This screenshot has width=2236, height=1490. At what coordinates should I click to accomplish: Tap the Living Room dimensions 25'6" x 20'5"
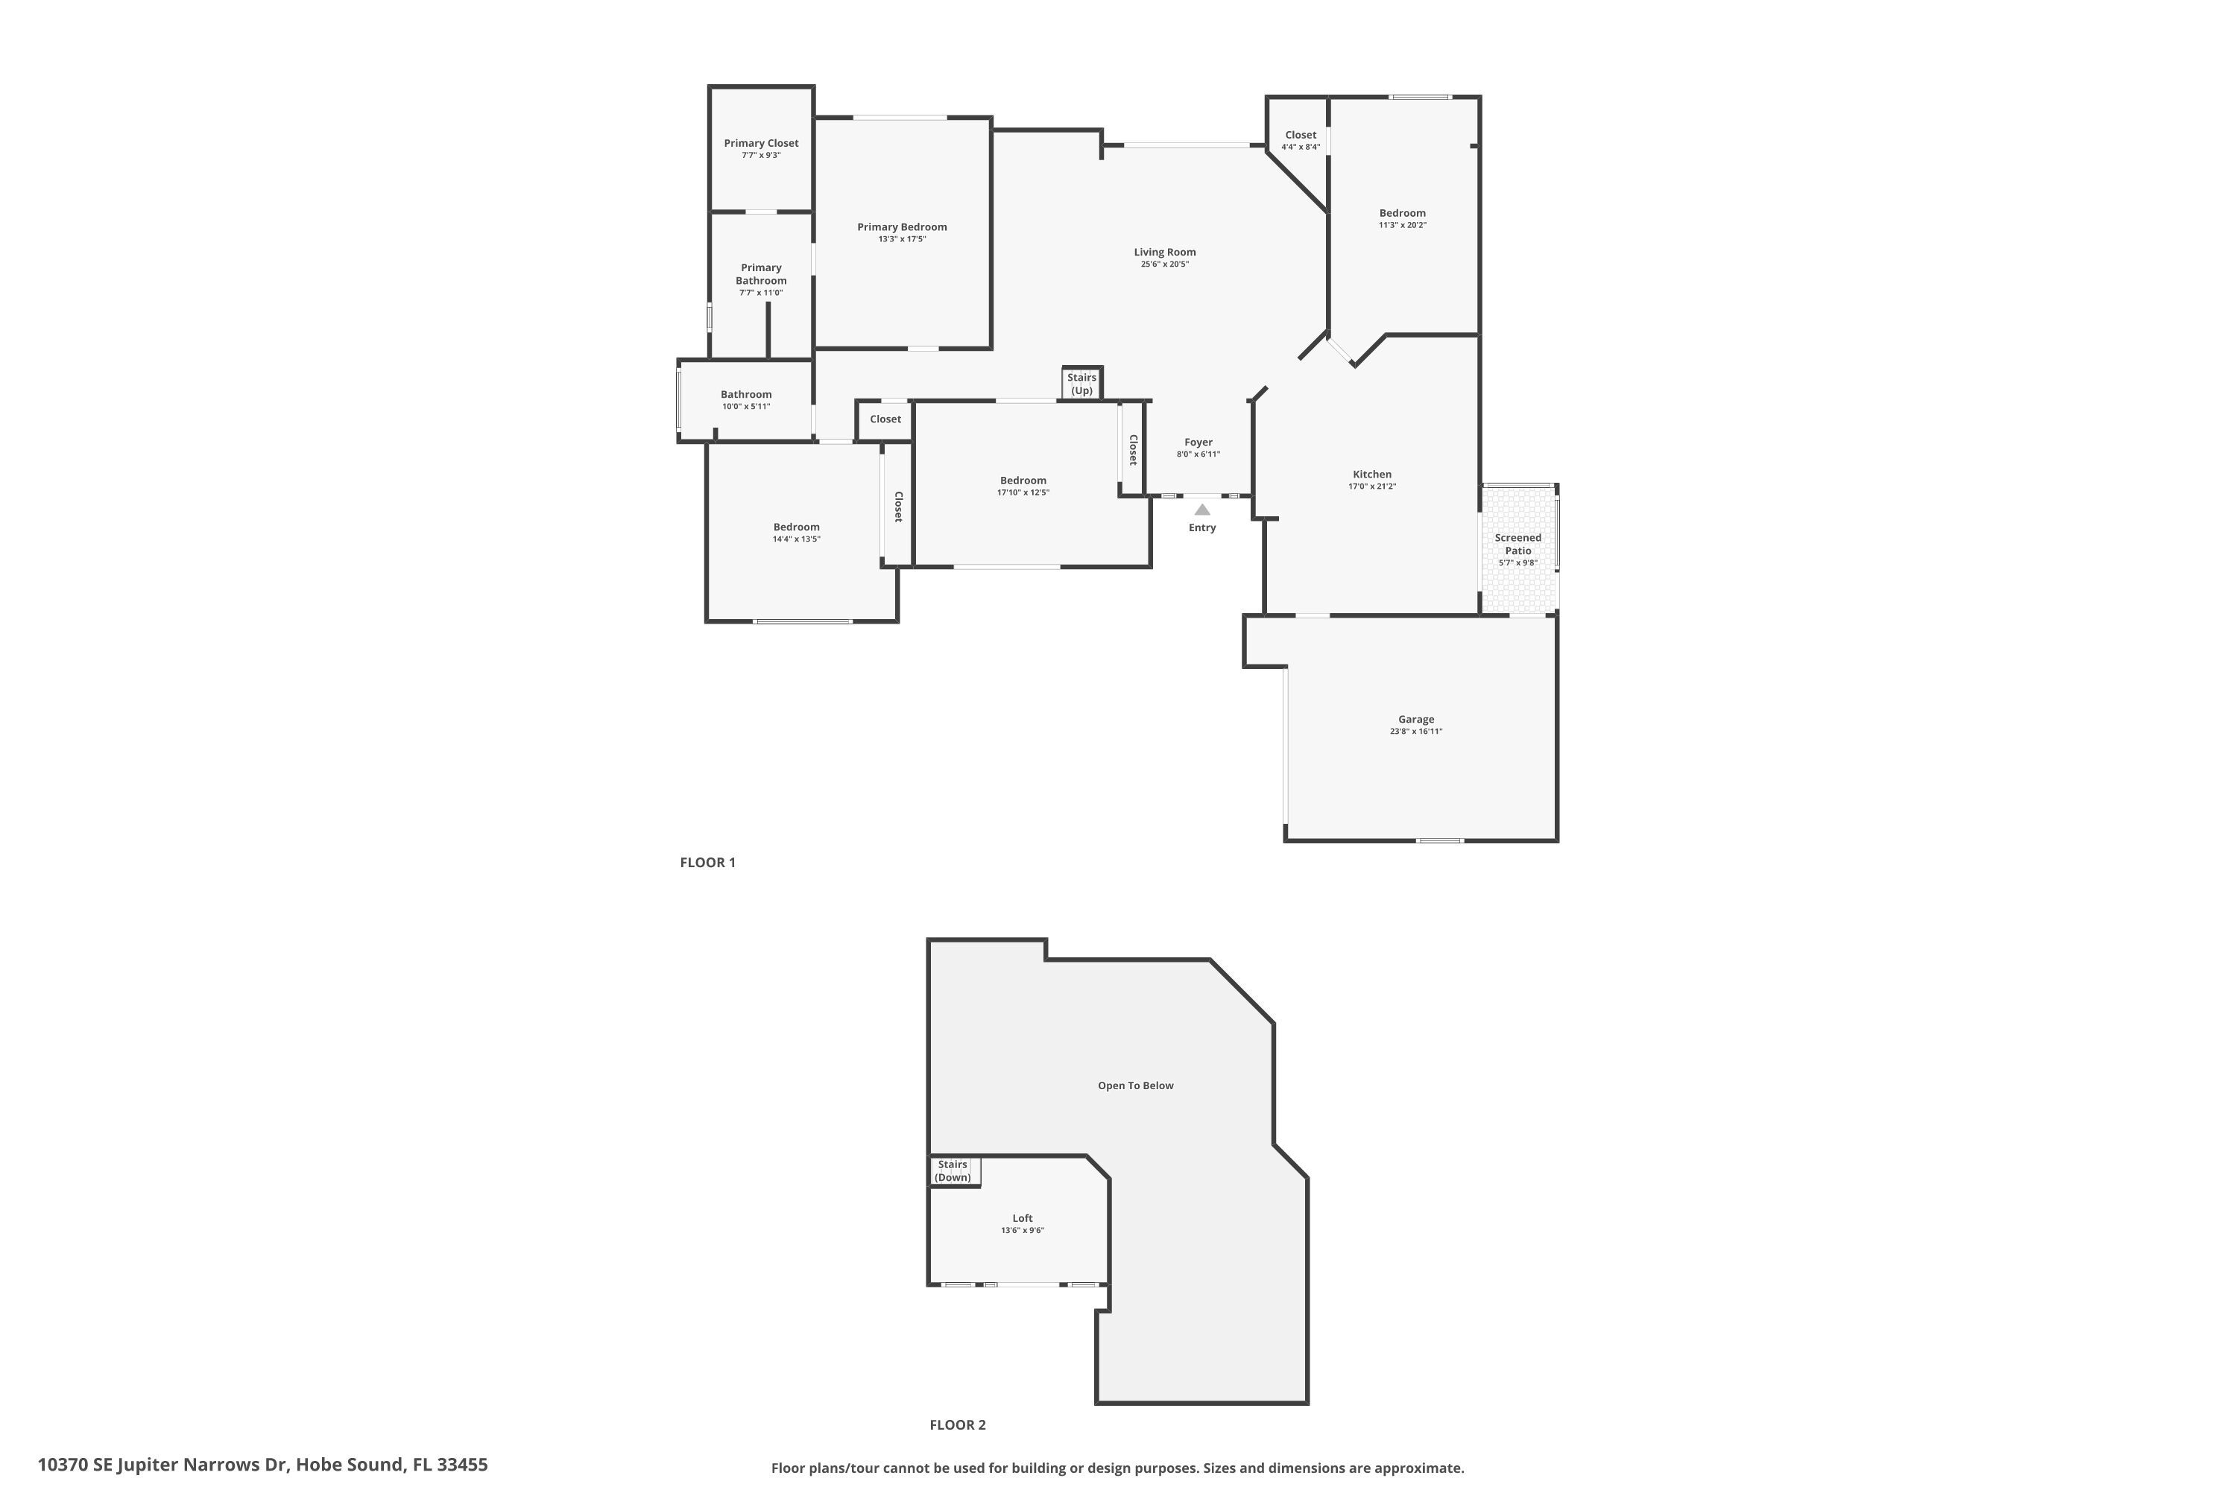[x=1164, y=264]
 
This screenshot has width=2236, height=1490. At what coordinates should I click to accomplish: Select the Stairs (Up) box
[x=1082, y=384]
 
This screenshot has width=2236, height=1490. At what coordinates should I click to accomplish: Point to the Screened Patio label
[x=1517, y=544]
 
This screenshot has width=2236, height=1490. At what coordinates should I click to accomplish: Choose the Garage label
[x=1415, y=720]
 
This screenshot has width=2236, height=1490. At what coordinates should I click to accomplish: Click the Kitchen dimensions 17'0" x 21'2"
[x=1372, y=486]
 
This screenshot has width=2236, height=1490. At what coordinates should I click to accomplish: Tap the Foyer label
[x=1198, y=442]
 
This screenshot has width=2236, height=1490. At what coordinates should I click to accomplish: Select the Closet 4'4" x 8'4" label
[x=1301, y=135]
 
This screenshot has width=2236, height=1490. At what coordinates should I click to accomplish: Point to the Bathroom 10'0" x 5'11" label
[x=746, y=394]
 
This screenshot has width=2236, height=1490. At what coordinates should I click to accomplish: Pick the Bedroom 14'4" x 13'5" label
[x=796, y=527]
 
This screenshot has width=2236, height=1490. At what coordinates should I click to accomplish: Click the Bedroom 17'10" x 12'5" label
[x=1023, y=481]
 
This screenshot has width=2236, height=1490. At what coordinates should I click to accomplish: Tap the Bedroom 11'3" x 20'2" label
[x=1402, y=213]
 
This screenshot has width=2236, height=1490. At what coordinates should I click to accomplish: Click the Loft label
[x=1022, y=1218]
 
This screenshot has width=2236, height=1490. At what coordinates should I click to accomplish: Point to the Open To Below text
[x=1135, y=1085]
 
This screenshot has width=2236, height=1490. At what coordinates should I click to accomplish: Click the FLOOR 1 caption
[x=707, y=863]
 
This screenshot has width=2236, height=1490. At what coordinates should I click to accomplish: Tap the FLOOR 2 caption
[x=957, y=1424]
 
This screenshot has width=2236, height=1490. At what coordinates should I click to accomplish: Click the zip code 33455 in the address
[x=462, y=1465]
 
